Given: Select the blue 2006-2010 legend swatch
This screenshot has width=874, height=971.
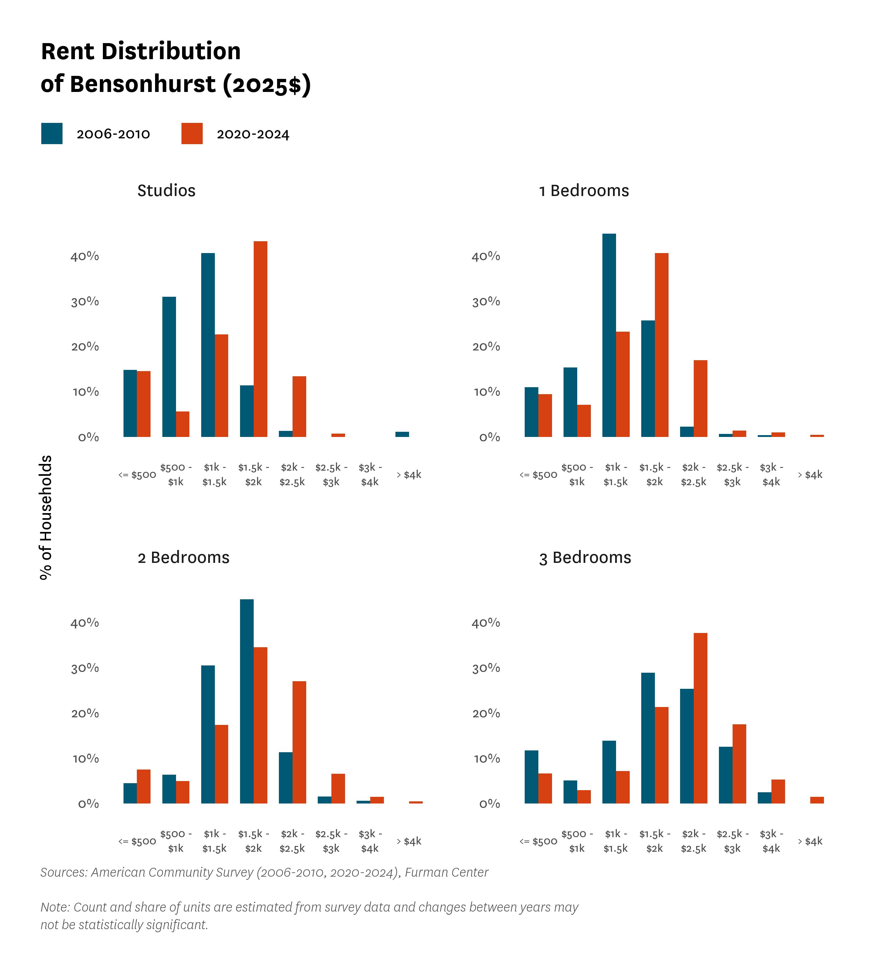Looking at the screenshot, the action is pos(52,134).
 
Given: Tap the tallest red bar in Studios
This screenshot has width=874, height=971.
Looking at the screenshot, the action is pos(260,339).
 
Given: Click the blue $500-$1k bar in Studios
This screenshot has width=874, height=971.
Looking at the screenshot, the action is pos(169,367).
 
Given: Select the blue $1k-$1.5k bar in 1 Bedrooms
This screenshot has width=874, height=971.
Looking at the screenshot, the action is pos(609,335).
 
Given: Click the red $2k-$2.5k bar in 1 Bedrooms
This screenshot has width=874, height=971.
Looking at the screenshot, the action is pos(700,399).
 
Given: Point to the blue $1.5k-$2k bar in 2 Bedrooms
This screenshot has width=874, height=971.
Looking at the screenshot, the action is pos(247,701).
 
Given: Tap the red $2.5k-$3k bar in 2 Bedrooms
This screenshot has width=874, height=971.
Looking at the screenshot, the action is pos(338,789).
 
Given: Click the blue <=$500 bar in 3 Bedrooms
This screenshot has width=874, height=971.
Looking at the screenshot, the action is pos(531,777).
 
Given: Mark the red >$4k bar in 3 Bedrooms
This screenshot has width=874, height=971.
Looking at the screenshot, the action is pos(817,800).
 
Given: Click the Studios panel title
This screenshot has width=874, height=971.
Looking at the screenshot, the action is pos(166,191).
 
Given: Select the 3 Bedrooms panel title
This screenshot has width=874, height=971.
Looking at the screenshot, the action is pos(585,557).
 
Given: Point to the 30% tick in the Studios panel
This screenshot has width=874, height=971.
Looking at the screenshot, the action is pos(85,302).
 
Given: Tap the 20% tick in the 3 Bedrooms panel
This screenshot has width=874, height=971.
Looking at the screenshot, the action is pos(486,713).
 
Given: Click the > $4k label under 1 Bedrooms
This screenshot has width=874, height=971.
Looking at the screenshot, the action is pos(810,475).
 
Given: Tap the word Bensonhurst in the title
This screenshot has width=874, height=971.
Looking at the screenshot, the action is pos(143,84).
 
